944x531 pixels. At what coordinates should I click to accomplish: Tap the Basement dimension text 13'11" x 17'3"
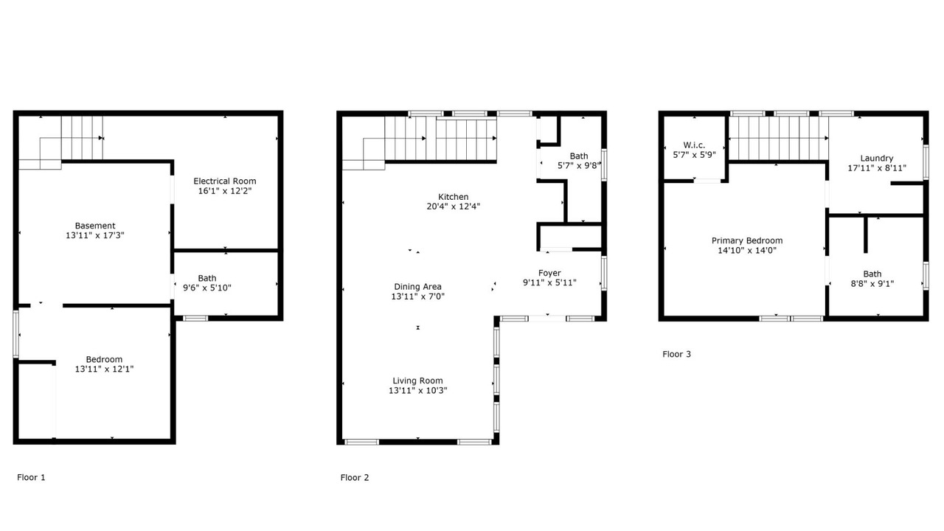tap(95, 235)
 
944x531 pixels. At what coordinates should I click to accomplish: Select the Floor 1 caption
tap(31, 477)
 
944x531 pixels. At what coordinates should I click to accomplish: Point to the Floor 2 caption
tap(355, 477)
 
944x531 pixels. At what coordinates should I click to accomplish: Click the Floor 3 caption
tap(676, 354)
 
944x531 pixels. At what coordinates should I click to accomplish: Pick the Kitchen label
tap(453, 197)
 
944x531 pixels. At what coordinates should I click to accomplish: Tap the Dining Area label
tap(417, 287)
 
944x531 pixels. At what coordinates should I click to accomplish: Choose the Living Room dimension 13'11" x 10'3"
tap(417, 390)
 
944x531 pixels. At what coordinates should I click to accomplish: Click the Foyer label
tap(549, 273)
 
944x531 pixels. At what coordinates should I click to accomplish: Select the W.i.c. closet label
tap(694, 145)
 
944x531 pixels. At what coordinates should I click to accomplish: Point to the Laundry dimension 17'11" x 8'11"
tap(877, 167)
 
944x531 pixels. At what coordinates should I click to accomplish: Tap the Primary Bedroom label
tap(747, 240)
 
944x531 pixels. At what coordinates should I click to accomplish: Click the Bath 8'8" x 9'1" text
tap(872, 279)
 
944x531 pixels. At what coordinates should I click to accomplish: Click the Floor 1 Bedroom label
tap(104, 359)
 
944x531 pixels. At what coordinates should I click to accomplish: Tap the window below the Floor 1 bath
tap(195, 318)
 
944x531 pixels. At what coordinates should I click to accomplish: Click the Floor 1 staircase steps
tap(82, 138)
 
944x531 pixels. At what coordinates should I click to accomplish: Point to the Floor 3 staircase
tap(778, 138)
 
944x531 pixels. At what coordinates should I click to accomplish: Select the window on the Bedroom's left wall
tap(16, 334)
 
